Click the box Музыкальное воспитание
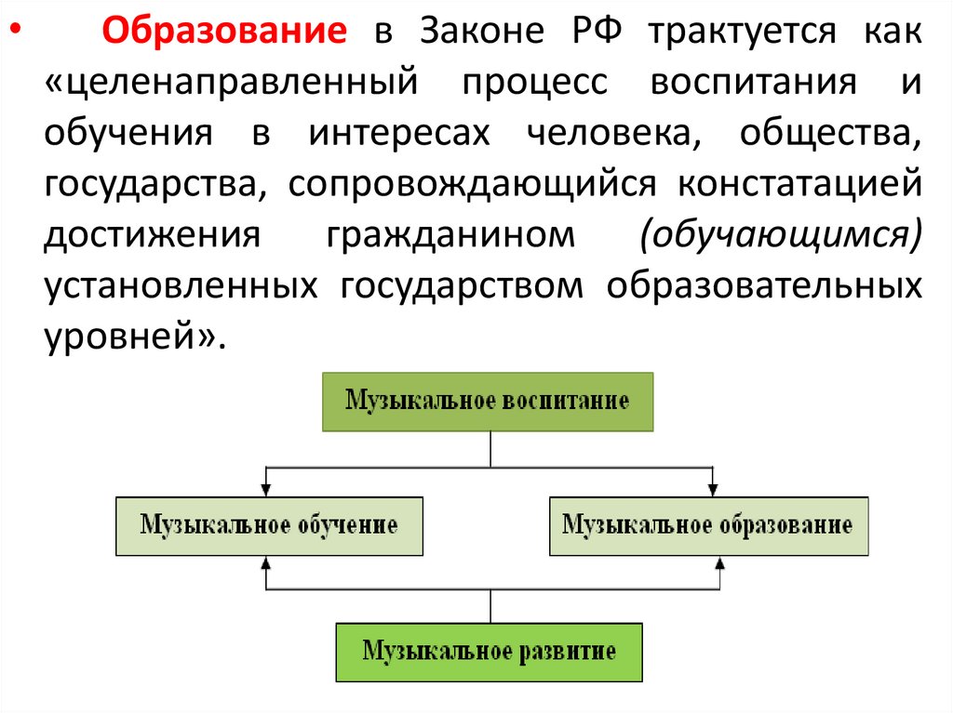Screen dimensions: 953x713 click(488, 402)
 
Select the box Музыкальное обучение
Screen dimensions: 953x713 click(269, 526)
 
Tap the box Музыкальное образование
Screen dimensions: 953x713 click(708, 526)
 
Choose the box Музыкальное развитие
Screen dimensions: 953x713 click(489, 651)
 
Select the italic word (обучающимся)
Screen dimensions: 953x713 click(780, 235)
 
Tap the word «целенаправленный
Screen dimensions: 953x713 click(229, 85)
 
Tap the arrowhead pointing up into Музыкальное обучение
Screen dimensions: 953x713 click(267, 563)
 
